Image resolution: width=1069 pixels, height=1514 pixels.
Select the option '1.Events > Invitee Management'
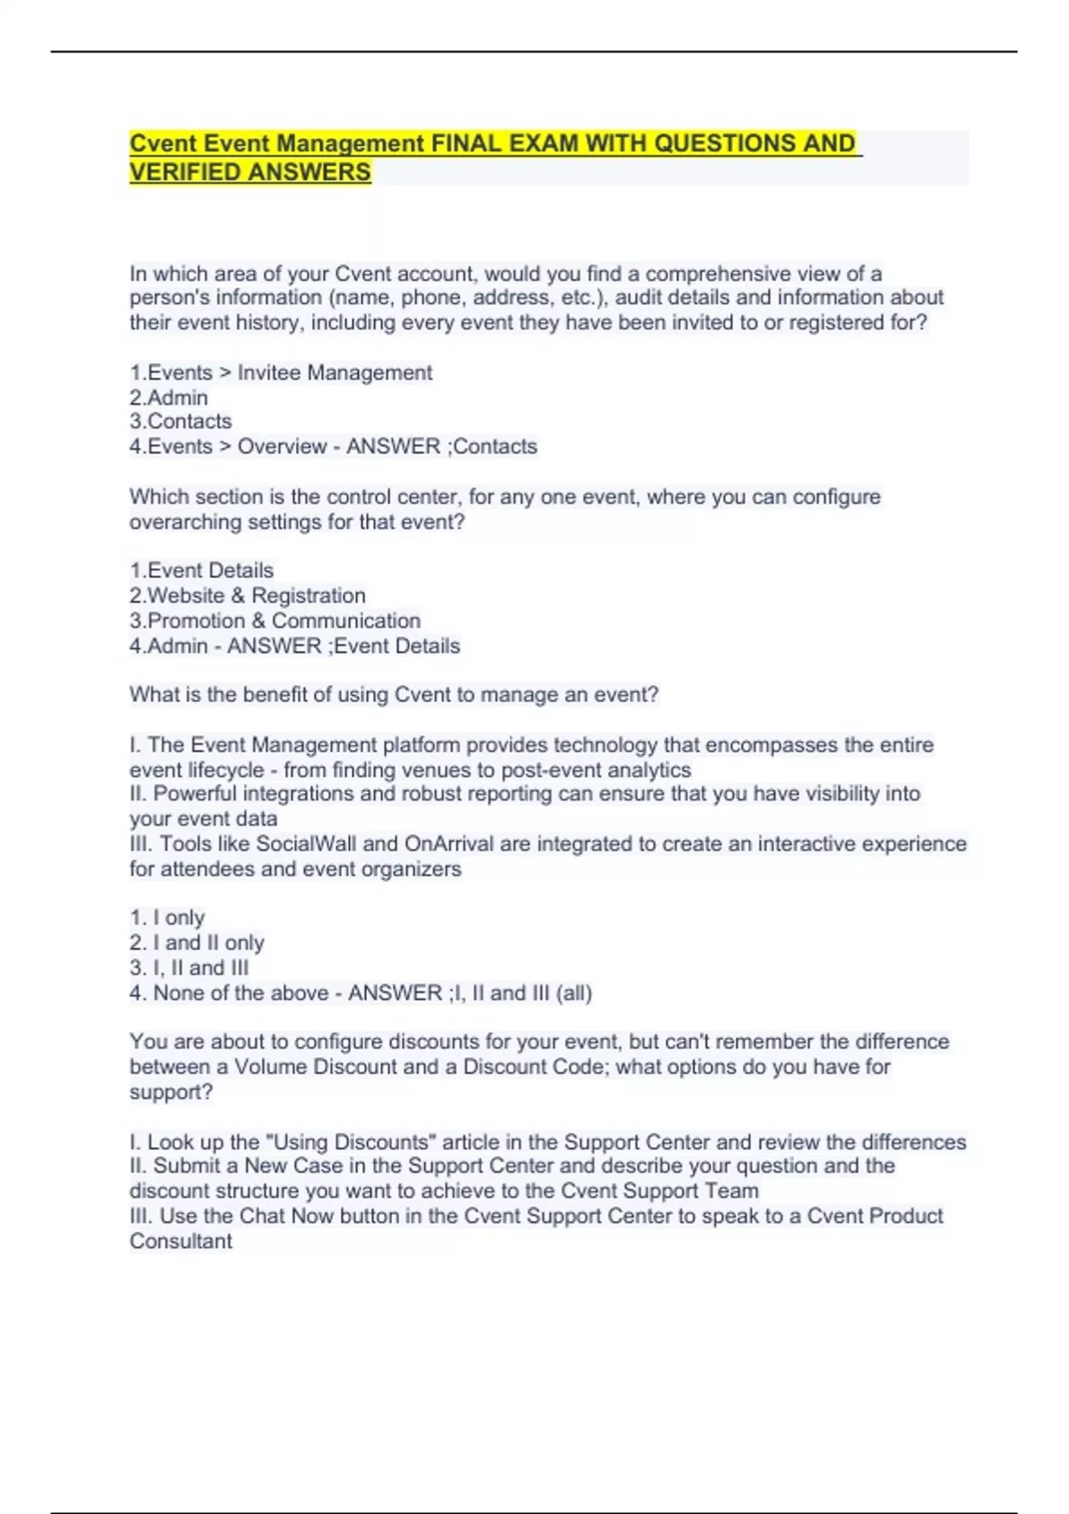[281, 372]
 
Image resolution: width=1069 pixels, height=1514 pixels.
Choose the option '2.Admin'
[168, 397]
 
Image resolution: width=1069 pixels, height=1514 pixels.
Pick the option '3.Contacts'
[181, 421]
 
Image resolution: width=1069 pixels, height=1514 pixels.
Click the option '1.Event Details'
[201, 570]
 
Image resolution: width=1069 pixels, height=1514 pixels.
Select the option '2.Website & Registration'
[248, 595]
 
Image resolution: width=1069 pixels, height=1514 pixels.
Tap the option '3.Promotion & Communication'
[275, 620]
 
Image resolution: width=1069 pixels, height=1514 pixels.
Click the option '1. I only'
[167, 917]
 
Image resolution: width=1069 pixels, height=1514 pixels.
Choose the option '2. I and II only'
[197, 942]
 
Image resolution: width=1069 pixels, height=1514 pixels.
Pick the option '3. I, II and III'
[189, 967]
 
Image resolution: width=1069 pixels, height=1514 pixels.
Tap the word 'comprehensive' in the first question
[718, 273]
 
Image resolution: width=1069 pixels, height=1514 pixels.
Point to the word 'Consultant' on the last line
[181, 1241]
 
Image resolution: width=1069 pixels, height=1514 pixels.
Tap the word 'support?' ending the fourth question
[171, 1092]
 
